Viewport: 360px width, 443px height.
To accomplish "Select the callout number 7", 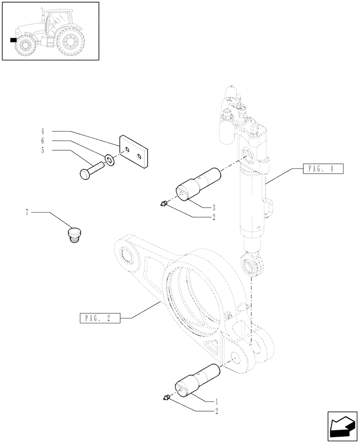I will pos(27,213).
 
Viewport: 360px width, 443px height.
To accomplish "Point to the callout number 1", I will pos(216,401).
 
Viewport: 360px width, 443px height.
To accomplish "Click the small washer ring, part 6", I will pos(110,159).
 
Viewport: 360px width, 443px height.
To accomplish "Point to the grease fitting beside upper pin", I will pos(164,203).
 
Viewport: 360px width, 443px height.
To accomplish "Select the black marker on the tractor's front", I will pos(13,40).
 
